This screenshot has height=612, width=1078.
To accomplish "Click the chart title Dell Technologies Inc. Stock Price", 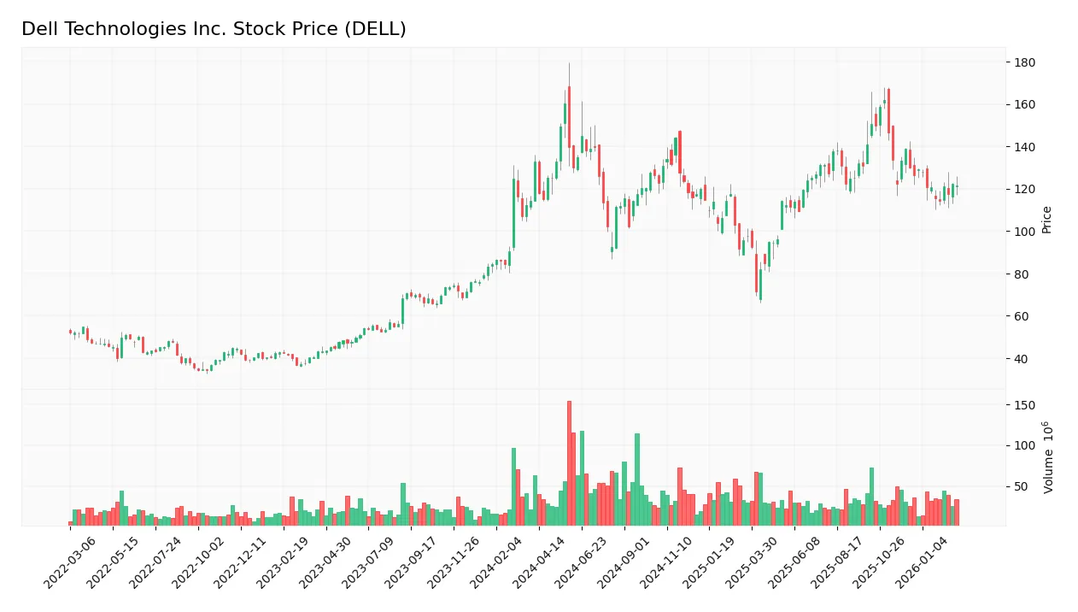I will click(214, 29).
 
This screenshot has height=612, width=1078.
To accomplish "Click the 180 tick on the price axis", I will click(1024, 62).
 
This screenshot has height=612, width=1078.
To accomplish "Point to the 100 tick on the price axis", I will click(1024, 232).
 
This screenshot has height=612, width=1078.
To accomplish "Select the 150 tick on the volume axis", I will click(1024, 405).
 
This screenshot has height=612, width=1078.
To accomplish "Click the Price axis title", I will click(1046, 220).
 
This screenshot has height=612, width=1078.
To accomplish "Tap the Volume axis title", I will click(1047, 457).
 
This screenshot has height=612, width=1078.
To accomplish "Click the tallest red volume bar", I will click(569, 462).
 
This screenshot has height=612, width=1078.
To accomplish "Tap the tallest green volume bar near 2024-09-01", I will click(637, 479).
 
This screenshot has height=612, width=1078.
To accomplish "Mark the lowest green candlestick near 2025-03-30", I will click(760, 285).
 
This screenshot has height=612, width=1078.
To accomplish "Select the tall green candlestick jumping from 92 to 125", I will click(514, 213).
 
